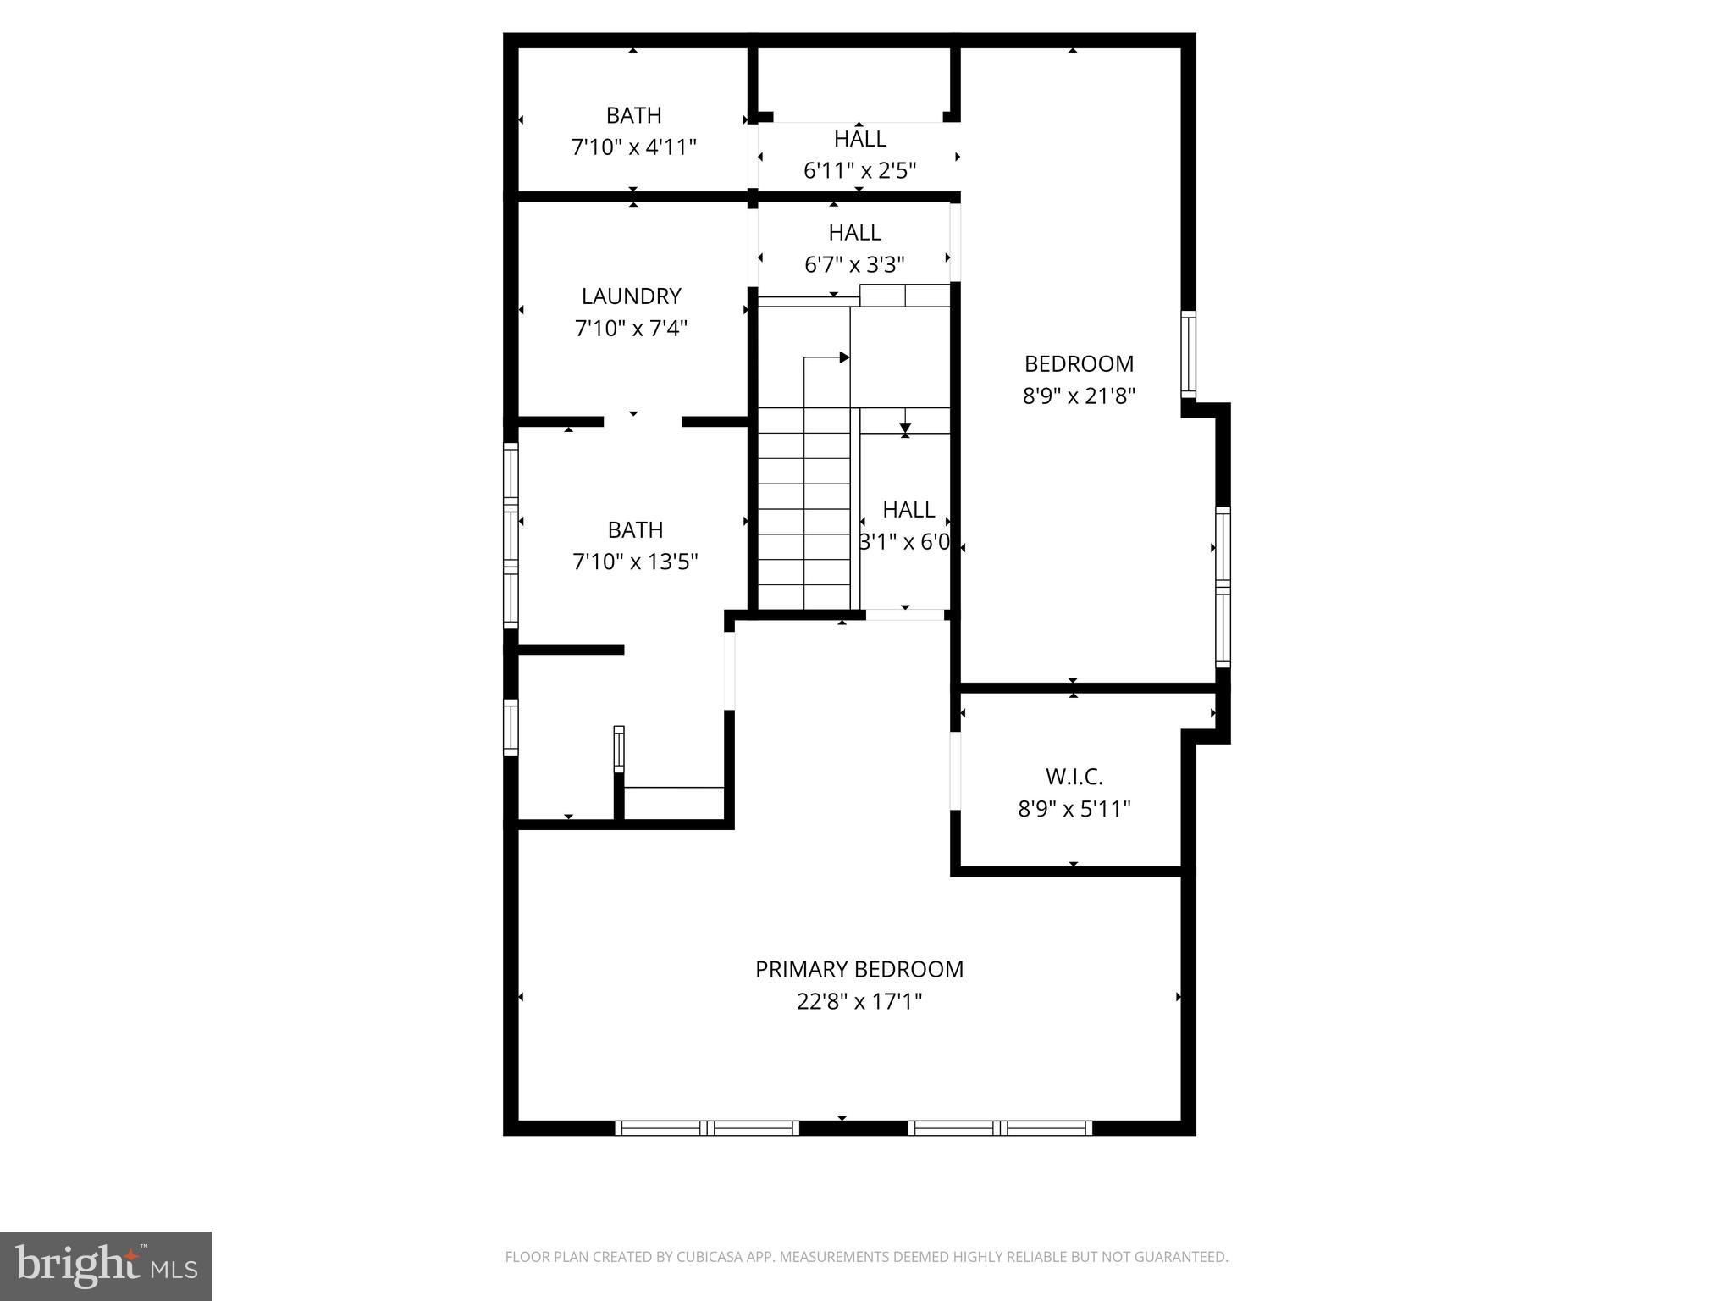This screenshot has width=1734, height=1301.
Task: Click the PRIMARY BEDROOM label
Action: (859, 969)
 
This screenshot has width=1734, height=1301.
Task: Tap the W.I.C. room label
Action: (1074, 777)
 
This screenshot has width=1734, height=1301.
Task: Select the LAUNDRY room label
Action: (631, 296)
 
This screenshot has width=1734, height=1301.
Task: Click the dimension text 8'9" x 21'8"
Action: (1078, 396)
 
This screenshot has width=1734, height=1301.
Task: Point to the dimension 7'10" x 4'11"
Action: (633, 147)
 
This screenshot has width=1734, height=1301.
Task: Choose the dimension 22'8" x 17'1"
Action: (859, 1002)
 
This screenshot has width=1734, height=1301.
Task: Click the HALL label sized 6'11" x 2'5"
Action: (859, 139)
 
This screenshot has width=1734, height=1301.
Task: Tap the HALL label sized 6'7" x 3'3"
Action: (854, 232)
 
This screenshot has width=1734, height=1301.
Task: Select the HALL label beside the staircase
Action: (908, 510)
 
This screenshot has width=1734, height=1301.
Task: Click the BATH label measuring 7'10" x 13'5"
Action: (635, 530)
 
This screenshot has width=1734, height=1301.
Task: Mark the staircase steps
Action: (803, 508)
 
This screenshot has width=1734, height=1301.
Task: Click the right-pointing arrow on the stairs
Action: (843, 357)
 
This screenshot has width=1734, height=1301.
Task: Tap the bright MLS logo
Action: (106, 1265)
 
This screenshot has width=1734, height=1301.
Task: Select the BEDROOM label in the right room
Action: (1078, 364)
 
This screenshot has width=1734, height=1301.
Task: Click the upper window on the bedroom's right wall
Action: (1189, 354)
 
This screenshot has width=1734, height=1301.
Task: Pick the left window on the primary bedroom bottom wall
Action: (706, 1128)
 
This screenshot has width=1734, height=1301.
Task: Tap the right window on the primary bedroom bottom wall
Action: (1000, 1128)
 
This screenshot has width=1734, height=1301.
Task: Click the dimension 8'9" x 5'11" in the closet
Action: (1074, 809)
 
